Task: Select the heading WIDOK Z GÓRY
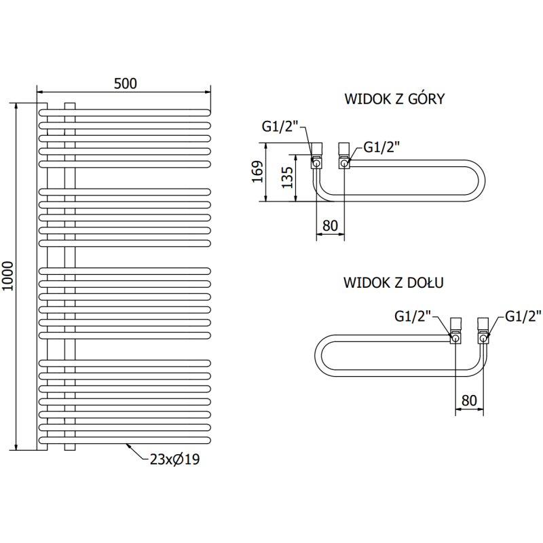[x=394, y=99]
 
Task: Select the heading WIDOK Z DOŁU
[x=394, y=282]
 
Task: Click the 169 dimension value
[x=256, y=172]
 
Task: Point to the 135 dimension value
[x=287, y=178]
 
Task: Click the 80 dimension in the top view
[x=331, y=225]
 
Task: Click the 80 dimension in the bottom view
[x=468, y=400]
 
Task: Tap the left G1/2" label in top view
[x=280, y=126]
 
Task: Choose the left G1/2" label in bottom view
[x=413, y=316]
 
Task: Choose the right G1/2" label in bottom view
[x=523, y=316]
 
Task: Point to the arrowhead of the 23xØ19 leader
[x=128, y=445]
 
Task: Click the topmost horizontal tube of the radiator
[x=126, y=111]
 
